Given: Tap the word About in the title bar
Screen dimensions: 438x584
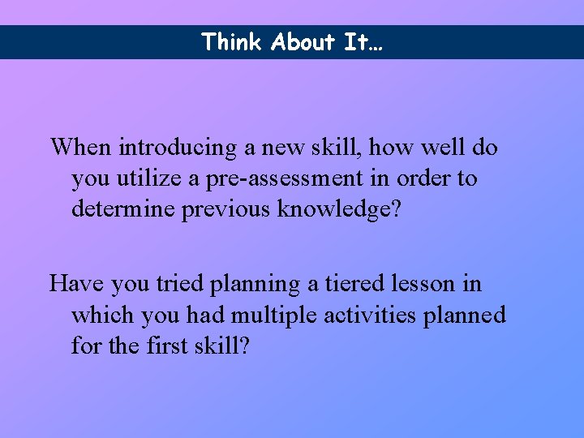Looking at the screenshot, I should [304, 42].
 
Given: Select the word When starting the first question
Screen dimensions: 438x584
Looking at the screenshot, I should [81, 148].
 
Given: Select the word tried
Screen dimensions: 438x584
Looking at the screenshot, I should [180, 284].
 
